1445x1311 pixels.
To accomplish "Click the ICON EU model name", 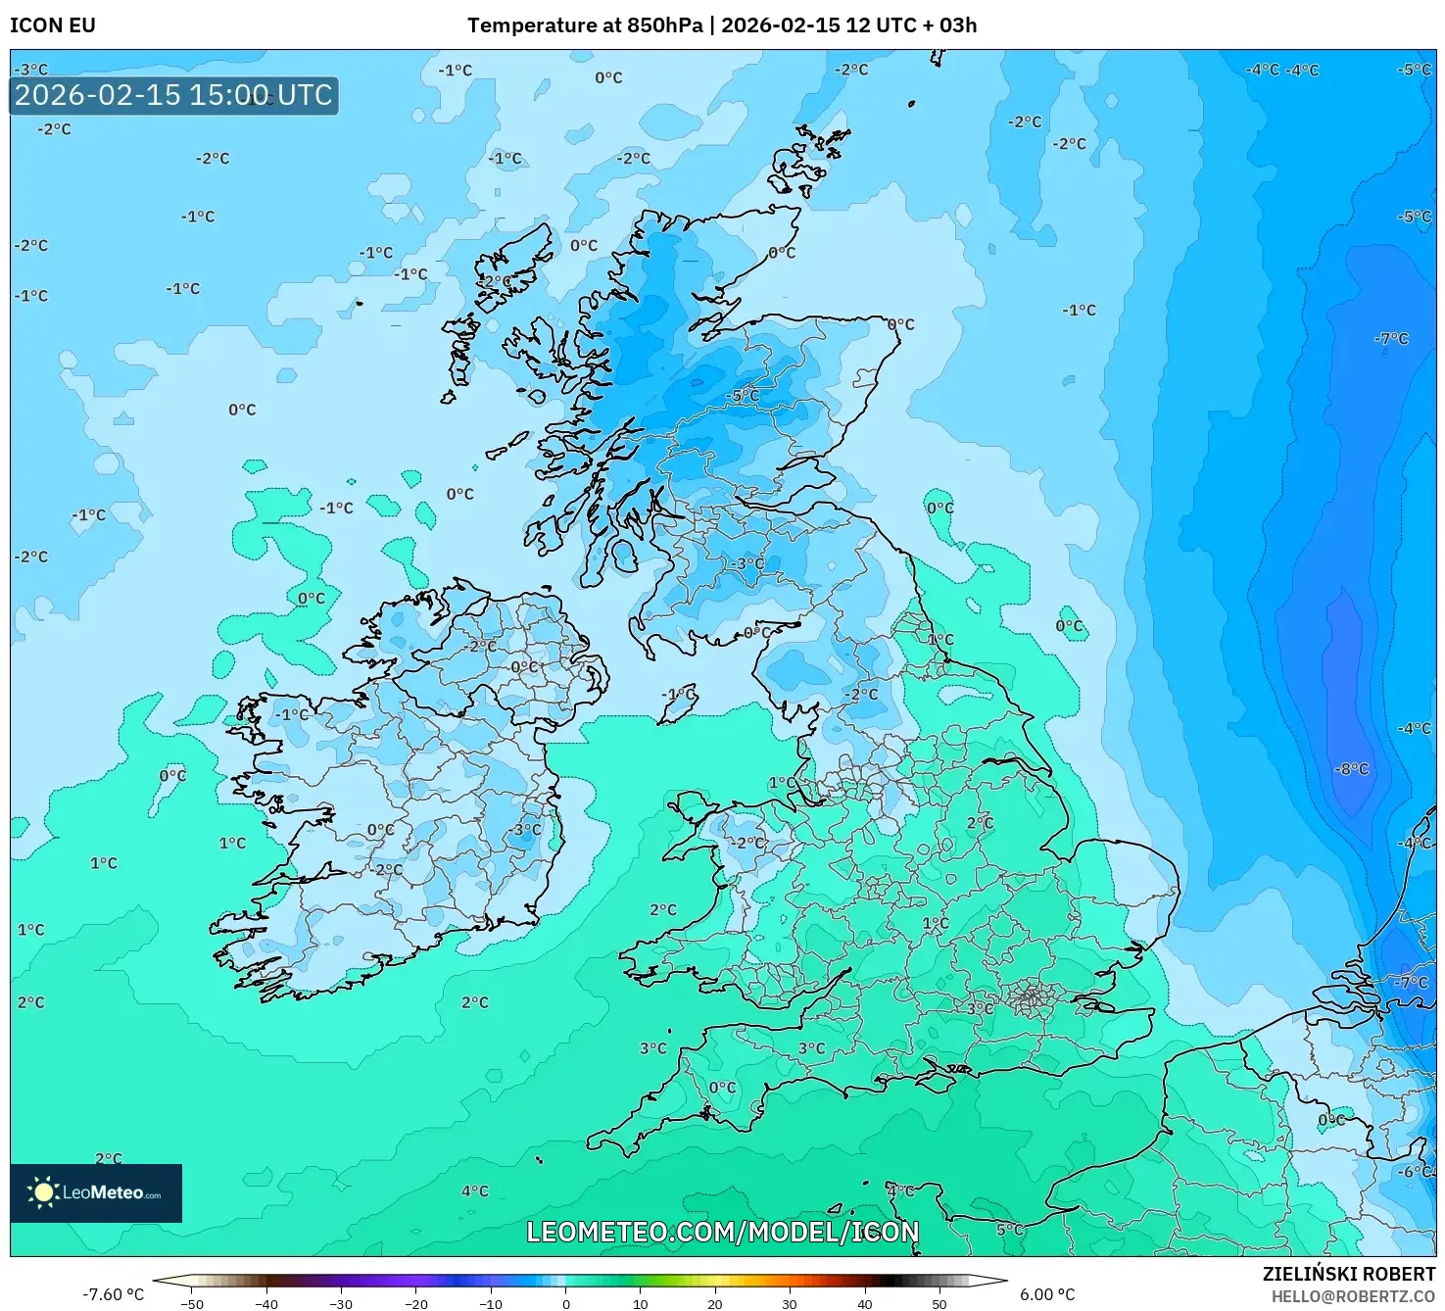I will [53, 25].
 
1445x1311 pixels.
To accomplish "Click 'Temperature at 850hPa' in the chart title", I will [584, 25].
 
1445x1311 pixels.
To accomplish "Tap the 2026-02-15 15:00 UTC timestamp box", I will [174, 96].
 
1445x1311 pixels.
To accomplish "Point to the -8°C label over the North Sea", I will [1351, 769].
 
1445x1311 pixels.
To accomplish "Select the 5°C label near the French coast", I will [1009, 1230].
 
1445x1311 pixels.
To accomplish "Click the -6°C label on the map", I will [1413, 1172].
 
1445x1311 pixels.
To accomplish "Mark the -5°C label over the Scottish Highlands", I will [744, 396].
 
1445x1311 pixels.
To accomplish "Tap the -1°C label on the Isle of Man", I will [678, 694].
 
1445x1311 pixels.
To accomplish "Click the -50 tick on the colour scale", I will [192, 1304].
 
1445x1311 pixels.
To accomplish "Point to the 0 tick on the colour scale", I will [565, 1304].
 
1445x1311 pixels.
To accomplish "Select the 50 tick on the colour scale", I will [939, 1304].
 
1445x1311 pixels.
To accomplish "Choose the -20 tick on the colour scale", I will [415, 1304].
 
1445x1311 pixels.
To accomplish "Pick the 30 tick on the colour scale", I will [790, 1304].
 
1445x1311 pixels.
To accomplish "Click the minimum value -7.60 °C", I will [113, 1294].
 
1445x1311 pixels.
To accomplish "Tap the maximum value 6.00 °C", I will [1046, 1294].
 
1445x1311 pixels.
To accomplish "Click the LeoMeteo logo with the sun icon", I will [96, 1192].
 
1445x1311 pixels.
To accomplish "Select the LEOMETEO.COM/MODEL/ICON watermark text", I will [722, 1232].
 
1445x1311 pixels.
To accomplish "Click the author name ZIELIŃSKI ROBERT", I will [1348, 1275].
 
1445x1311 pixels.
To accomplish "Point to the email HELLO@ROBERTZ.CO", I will [1352, 1296].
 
